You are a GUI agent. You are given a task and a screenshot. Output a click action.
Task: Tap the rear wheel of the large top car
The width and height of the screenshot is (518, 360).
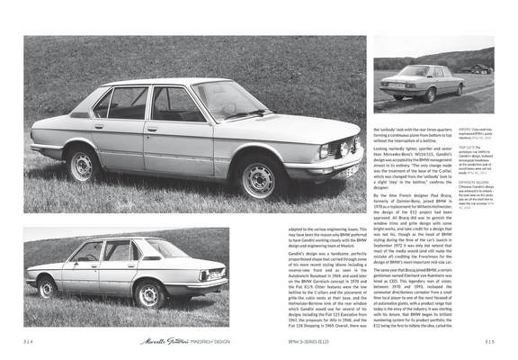[x=84, y=165]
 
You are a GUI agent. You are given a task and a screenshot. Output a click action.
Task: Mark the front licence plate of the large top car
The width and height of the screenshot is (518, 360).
[x=345, y=165]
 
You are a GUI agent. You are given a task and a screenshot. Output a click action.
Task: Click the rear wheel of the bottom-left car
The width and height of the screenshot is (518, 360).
[x=47, y=287]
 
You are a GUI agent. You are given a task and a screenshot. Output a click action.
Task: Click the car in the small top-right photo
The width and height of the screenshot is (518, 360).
[x=419, y=82]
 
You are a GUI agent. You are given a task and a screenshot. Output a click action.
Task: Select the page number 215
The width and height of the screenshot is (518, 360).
[x=487, y=341]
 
